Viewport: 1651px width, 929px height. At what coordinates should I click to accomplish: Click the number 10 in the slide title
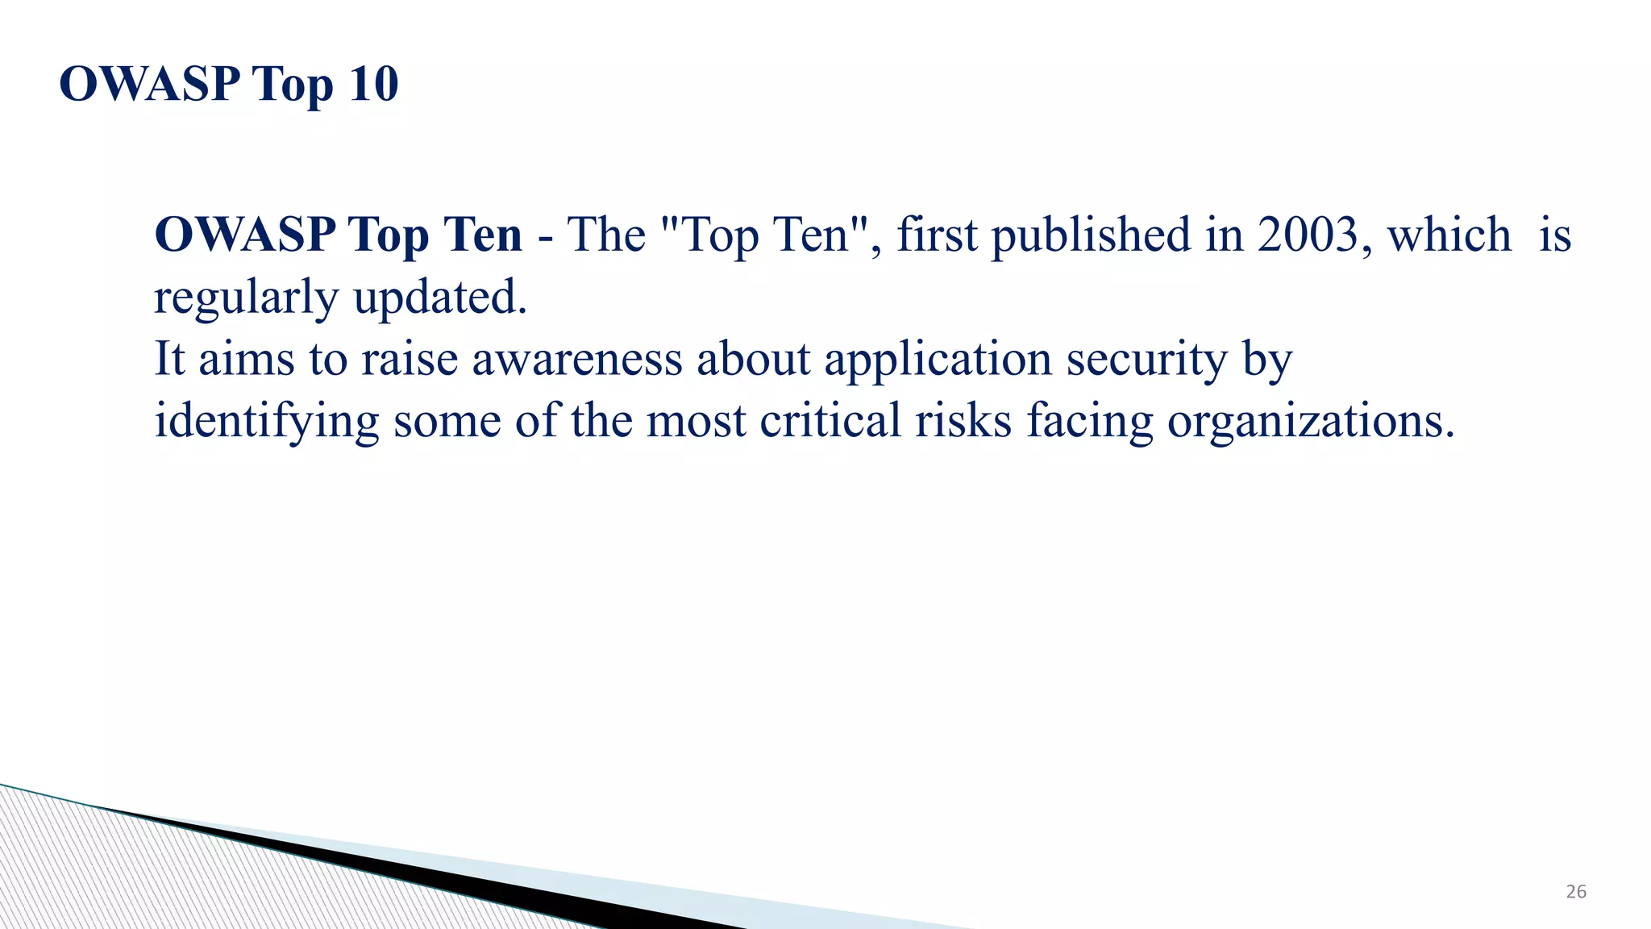click(373, 84)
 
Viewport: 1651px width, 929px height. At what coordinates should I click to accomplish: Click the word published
click(1090, 236)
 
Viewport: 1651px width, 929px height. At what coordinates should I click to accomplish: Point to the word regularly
click(246, 298)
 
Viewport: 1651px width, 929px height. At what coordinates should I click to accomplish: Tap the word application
click(938, 360)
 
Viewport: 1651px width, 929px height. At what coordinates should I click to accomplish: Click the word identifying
click(266, 422)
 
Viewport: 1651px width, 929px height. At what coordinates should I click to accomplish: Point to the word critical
click(830, 421)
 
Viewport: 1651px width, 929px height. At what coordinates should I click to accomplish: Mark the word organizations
click(1311, 422)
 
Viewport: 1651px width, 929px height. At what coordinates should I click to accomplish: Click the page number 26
click(1576, 892)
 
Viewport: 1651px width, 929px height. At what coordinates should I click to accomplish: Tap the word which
click(1449, 235)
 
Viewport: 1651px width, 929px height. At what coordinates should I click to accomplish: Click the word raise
click(410, 359)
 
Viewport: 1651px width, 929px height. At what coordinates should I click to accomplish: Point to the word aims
click(247, 359)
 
